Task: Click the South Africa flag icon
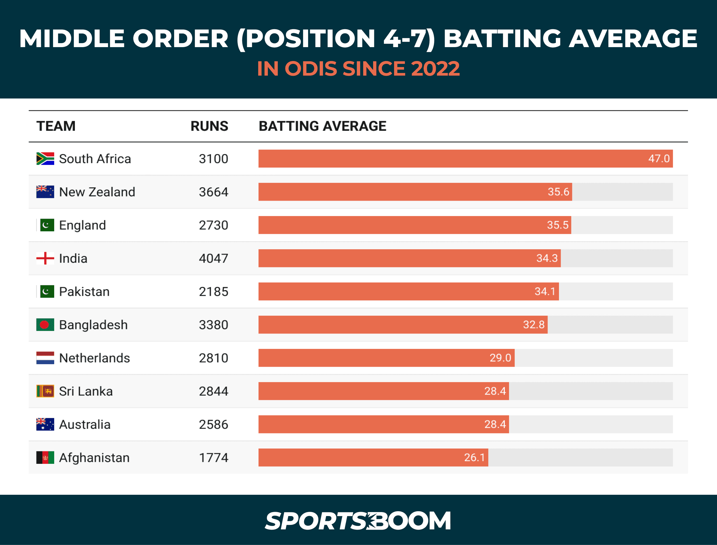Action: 45,159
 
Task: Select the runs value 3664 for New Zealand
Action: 213,192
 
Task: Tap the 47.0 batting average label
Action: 659,159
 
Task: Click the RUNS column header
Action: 209,126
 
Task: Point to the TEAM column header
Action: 56,126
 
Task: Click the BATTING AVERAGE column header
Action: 322,126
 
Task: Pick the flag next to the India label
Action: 45,258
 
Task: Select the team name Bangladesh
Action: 93,325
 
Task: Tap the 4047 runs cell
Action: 213,259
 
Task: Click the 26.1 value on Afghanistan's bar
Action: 474,457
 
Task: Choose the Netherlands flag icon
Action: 45,358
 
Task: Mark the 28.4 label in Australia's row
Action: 495,424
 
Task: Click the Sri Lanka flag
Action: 45,391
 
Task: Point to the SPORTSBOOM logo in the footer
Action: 358,521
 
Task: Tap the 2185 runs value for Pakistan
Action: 213,292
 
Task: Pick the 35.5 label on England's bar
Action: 558,225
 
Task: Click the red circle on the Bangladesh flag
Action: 45,325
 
